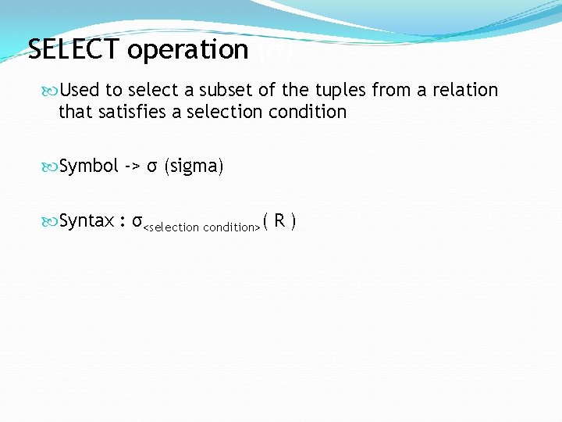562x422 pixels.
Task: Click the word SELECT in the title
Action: click(74, 50)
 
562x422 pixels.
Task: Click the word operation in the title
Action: click(187, 50)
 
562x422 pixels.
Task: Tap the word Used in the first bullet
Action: click(79, 90)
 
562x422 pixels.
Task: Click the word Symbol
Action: click(89, 166)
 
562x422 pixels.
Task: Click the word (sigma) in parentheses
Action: click(194, 166)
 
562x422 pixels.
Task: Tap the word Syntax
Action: click(87, 221)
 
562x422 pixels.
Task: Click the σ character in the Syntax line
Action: click(137, 222)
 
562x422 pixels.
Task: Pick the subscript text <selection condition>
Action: click(201, 227)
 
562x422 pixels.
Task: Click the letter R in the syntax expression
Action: click(279, 221)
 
